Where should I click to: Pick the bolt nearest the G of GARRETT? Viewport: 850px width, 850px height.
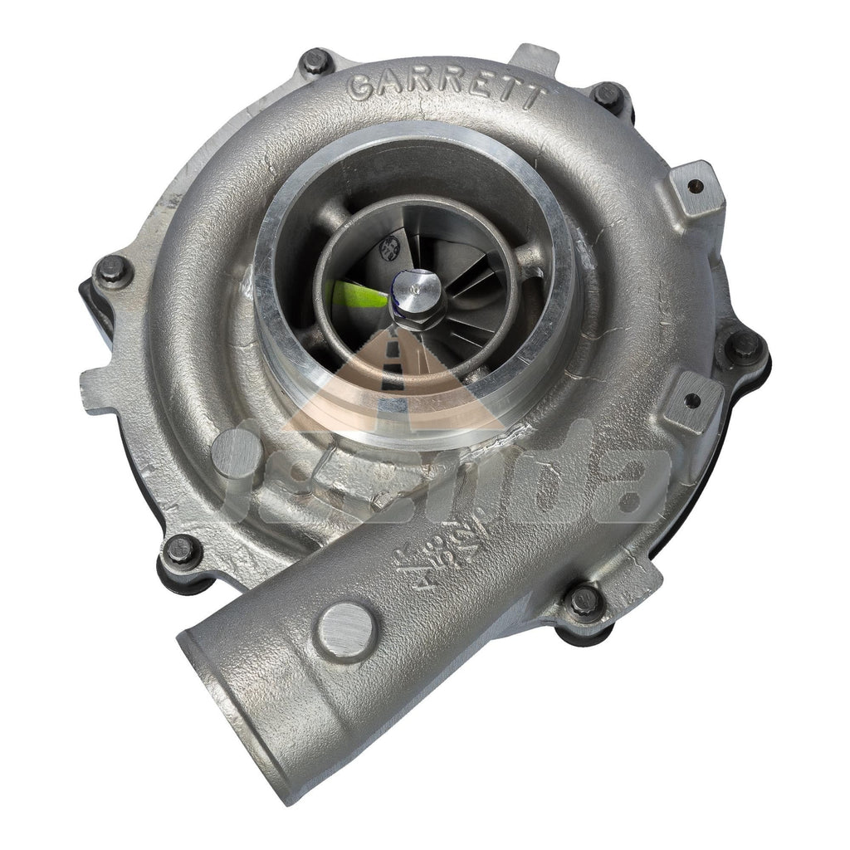coord(315,61)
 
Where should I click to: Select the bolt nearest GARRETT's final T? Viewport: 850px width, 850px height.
coord(607,95)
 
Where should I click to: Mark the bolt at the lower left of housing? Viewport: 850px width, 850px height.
coord(181,549)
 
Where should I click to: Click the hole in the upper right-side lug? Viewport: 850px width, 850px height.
coord(696,186)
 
